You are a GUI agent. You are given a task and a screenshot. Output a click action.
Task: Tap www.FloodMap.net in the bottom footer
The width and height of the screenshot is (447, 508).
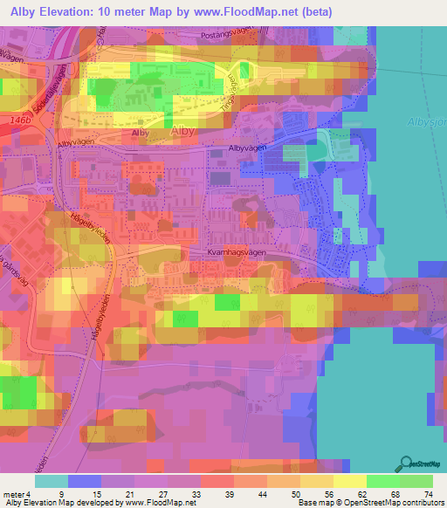click(x=161, y=503)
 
